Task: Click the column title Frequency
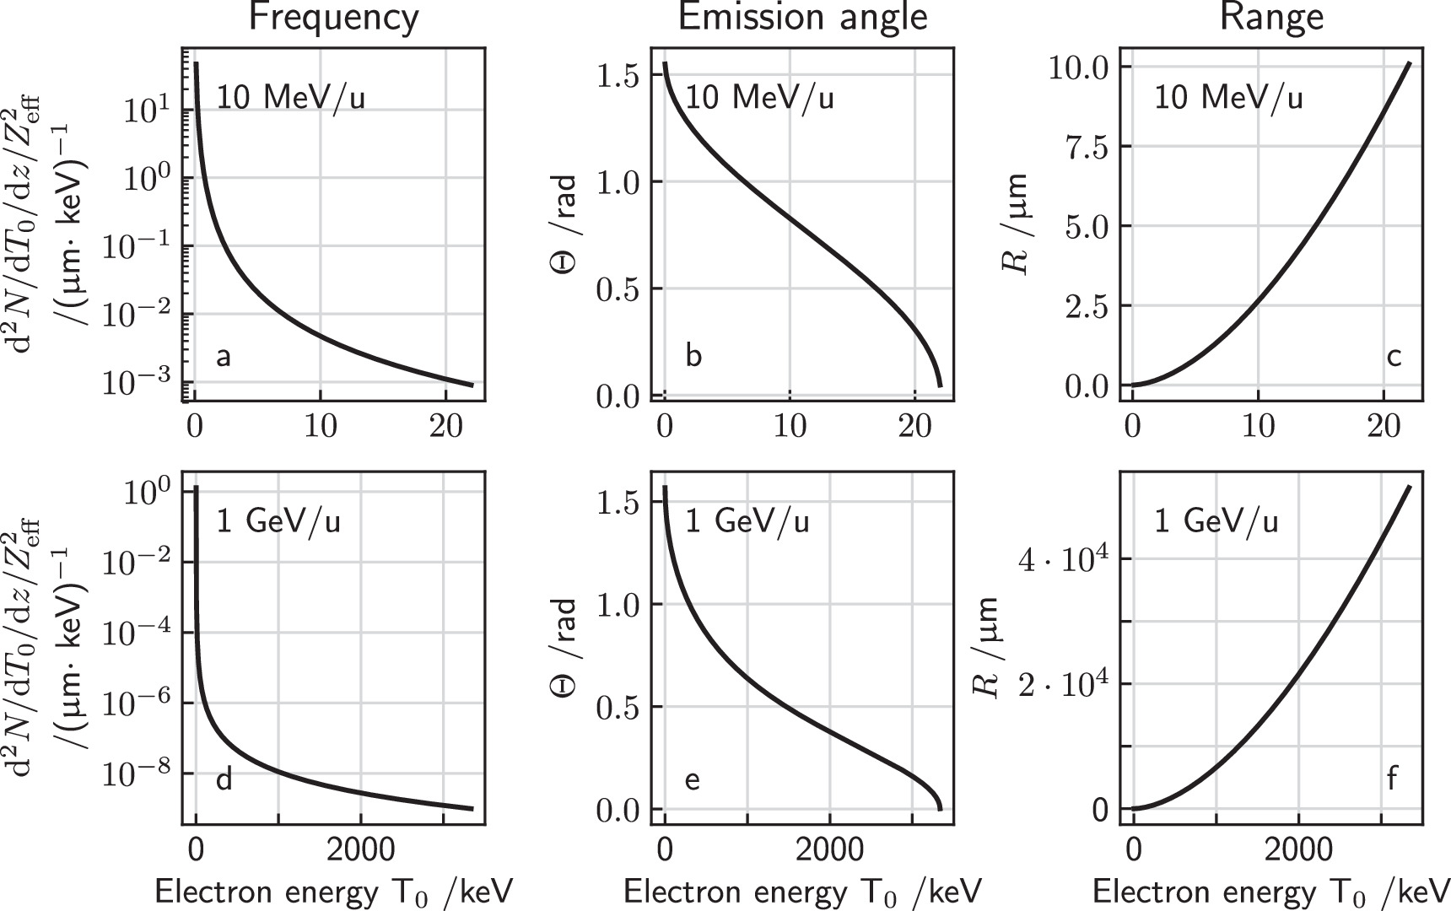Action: [x=333, y=18]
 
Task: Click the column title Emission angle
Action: [x=802, y=18]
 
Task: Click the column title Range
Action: [x=1271, y=18]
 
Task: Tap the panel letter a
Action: [x=223, y=357]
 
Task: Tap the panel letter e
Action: [x=692, y=780]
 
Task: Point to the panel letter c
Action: [x=1394, y=357]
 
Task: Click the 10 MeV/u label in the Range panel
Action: [x=1228, y=98]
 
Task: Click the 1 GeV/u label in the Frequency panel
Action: [x=278, y=521]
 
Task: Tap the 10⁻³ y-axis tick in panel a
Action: [x=136, y=382]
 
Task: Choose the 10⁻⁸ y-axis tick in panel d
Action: [x=136, y=773]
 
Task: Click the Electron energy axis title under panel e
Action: [x=802, y=892]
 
